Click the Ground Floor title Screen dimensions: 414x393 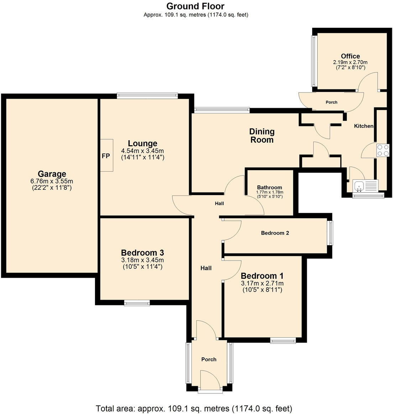pos(195,6)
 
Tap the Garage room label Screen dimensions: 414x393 pos(52,174)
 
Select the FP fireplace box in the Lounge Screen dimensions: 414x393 pos(106,156)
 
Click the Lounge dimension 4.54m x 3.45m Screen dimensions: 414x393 pos(142,151)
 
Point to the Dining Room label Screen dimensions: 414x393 pos(262,136)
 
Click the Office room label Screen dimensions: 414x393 pos(350,56)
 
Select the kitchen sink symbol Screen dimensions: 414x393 pos(360,185)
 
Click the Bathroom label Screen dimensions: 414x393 pos(269,187)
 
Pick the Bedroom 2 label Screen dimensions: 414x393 pos(275,233)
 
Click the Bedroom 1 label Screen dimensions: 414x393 pos(262,276)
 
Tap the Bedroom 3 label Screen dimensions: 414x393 pos(142,253)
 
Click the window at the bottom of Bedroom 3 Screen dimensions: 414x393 pos(137,303)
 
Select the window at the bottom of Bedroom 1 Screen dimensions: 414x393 pos(283,341)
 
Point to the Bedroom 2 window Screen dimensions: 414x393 pos(330,233)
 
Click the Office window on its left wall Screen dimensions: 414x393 pos(314,61)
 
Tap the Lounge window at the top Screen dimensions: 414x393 pos(147,95)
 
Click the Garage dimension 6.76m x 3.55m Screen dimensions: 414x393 pos(52,181)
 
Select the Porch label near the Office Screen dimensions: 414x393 pos(331,102)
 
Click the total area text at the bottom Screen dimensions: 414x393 pos(194,408)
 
